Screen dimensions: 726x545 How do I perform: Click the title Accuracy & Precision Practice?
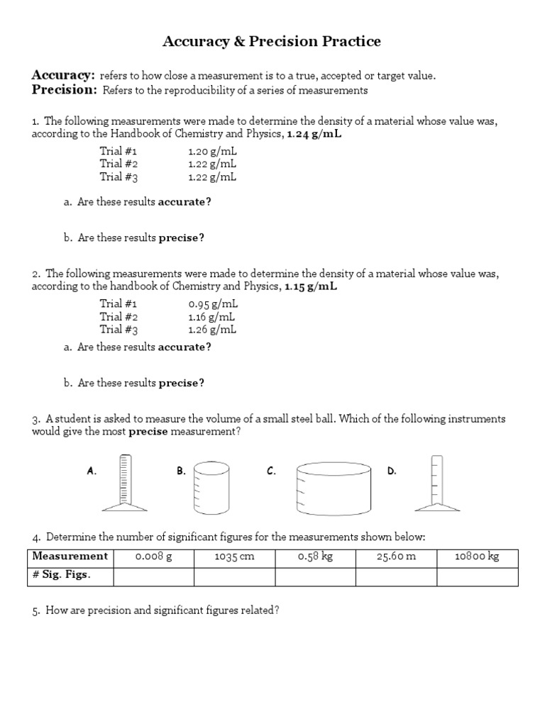[272, 42]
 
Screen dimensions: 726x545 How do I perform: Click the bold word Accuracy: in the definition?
[63, 75]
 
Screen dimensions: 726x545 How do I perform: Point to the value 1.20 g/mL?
[212, 151]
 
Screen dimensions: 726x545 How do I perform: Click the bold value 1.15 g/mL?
[312, 287]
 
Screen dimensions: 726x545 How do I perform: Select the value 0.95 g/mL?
[212, 304]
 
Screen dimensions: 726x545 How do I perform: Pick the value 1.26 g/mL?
[212, 330]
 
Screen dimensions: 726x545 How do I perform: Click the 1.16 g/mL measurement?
[212, 317]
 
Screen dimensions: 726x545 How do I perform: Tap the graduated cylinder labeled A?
[126, 482]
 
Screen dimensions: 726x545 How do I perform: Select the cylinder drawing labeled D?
[436, 484]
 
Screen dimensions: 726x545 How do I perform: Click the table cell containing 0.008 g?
[153, 557]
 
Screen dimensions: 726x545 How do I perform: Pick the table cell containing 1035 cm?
[234, 557]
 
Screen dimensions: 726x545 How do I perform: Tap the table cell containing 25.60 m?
[395, 557]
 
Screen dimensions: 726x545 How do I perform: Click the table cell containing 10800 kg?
[477, 557]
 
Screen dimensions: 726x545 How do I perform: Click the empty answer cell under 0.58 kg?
[315, 576]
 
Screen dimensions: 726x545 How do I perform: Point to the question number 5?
[35, 610]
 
